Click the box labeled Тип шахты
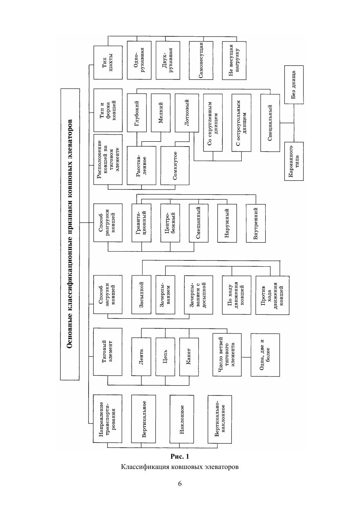pos(108,62)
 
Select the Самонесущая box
pos(201,60)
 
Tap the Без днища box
pos(294,84)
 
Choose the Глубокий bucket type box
pos(137,112)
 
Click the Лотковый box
pos(184,112)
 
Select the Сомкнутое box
pos(175,165)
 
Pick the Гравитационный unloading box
pos(141,223)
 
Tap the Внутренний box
pos(256,223)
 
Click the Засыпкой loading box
pos(141,295)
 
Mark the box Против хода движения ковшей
pos(272,295)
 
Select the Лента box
pos(141,357)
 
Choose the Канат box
pos(189,357)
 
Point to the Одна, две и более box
pos(265,355)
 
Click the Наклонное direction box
pos(181,419)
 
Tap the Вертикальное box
pos(144,419)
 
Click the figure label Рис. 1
pos(180,456)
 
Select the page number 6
pos(180,483)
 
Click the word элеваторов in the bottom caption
pos(223,467)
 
